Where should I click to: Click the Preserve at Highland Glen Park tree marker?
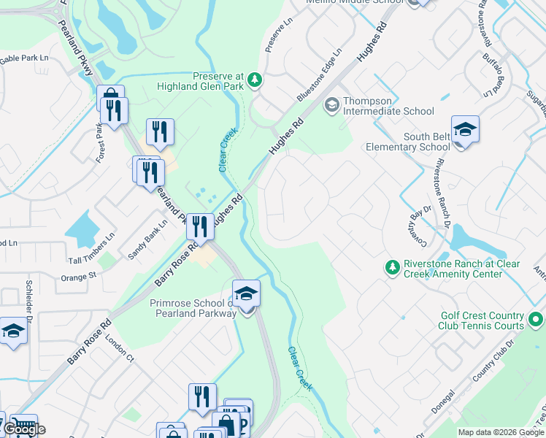[255, 80]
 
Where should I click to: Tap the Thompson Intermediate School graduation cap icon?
[331, 106]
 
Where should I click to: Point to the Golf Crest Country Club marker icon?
[536, 320]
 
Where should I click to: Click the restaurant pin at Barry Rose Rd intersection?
[199, 227]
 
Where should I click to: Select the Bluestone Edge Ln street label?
[319, 75]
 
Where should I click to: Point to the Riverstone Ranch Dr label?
[442, 185]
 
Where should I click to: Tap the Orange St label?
[79, 277]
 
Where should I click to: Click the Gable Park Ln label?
[23, 58]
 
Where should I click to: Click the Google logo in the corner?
[24, 429]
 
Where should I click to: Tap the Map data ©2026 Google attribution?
[500, 432]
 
